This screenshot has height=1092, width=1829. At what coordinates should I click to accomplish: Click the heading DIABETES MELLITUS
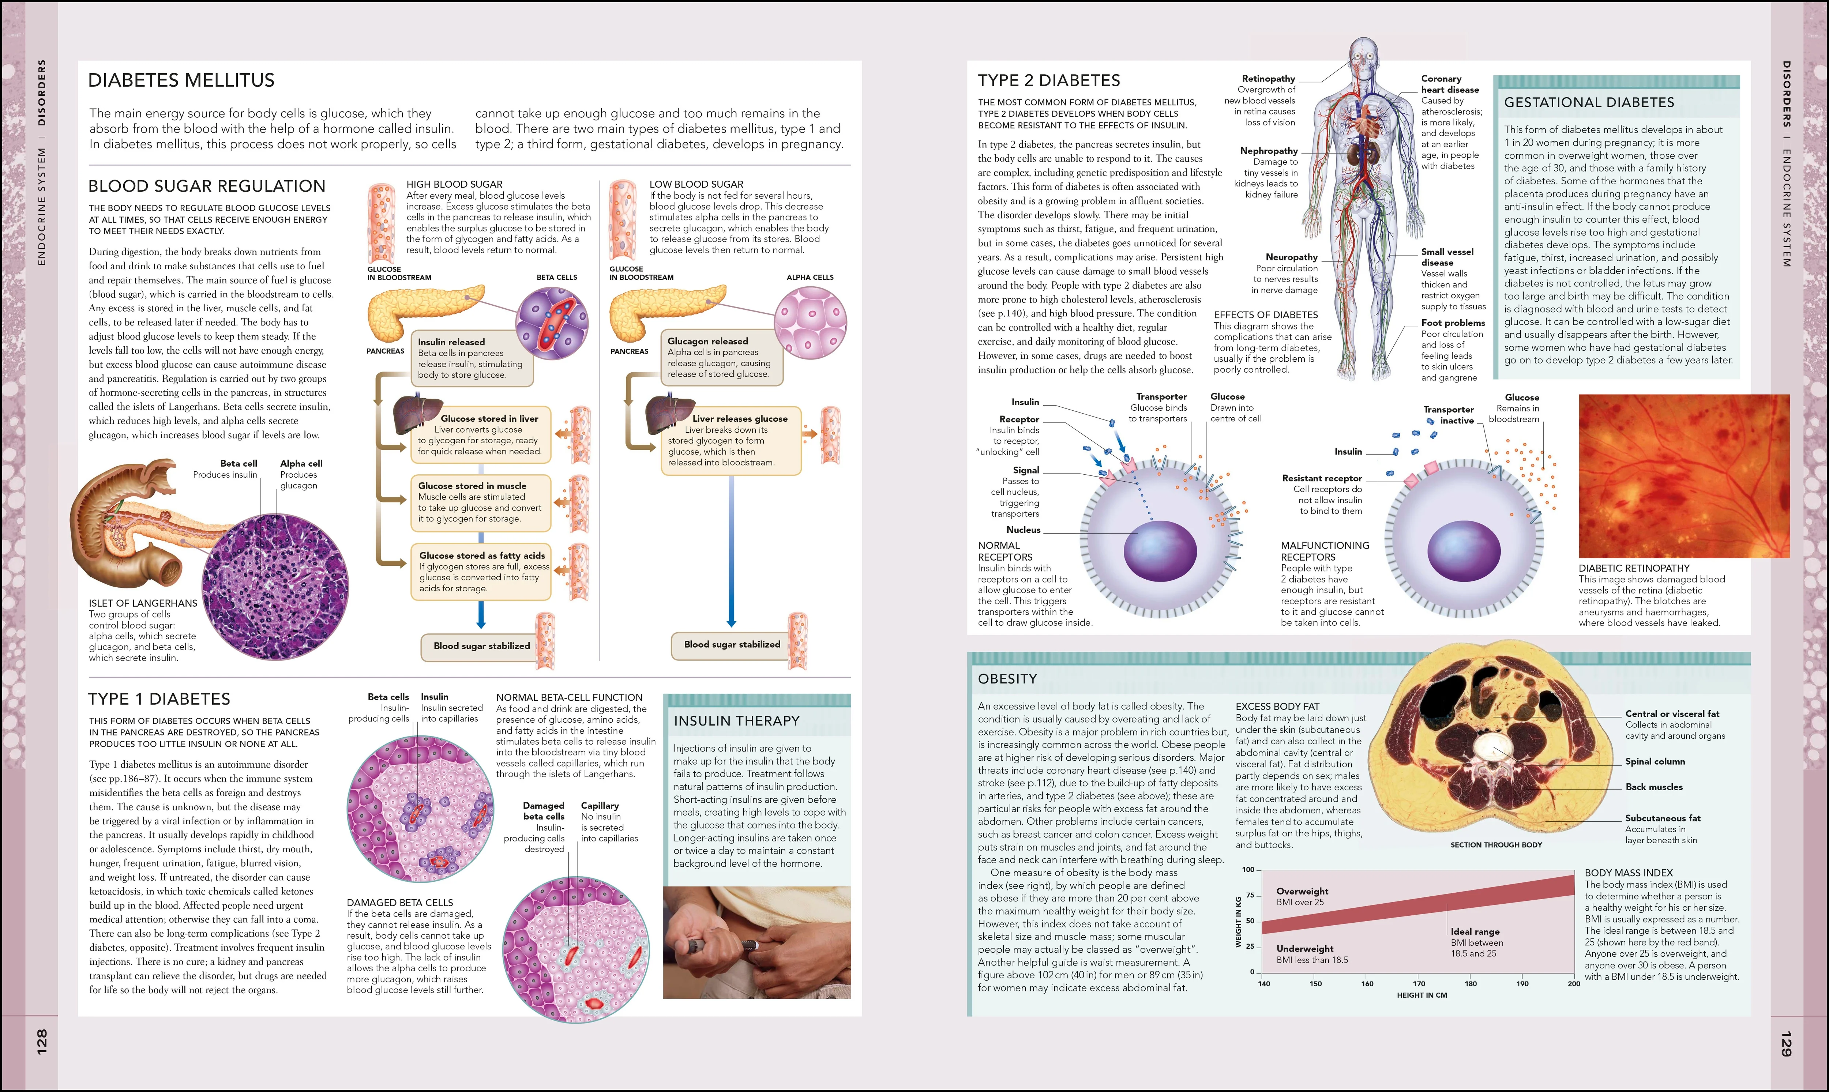181,80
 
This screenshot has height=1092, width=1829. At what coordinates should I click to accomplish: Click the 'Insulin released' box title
451,342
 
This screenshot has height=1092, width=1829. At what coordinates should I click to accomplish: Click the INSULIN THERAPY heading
737,721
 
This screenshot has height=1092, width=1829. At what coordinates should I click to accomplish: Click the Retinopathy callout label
1268,79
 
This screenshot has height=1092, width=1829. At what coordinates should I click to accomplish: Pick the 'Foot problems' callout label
1453,323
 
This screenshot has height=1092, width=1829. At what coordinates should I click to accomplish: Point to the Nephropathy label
1269,151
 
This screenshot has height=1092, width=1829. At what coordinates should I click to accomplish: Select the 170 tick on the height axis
1419,984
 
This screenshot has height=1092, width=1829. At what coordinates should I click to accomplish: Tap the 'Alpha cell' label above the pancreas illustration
301,464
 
